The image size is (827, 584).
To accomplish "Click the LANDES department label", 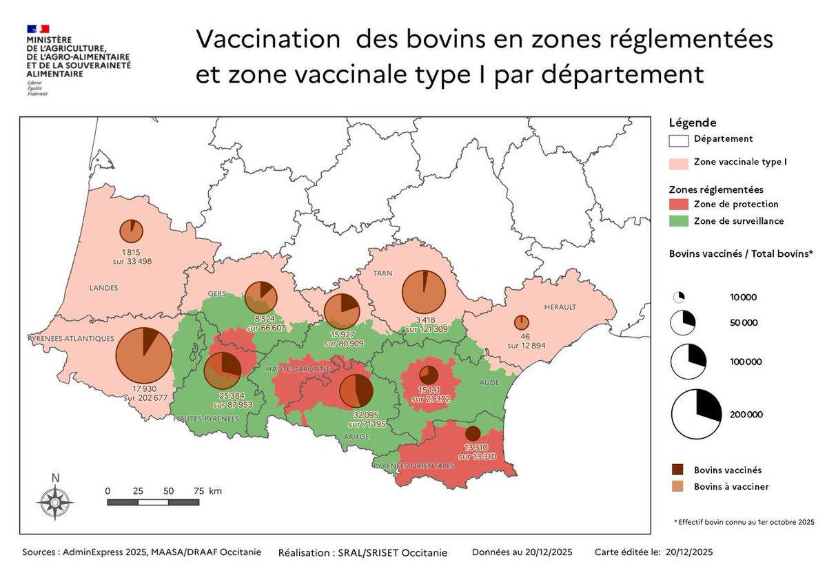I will pos(103,287).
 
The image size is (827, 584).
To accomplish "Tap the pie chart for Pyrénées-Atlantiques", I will pos(143,355).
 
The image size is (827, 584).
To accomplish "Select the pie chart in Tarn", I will pos(425,293).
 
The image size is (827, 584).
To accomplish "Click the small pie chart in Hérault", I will pos(522,322).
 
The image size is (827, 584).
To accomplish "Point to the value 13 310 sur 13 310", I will pos(475,452).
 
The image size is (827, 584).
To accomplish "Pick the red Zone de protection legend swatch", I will pos(678,205).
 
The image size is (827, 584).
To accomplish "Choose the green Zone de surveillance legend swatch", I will pos(678,221).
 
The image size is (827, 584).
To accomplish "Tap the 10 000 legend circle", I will pos(678,298).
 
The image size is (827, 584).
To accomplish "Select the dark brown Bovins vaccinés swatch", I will pos(678,470).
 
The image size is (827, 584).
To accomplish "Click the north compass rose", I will pos(56,502).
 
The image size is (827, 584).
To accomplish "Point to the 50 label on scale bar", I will pos(169,490).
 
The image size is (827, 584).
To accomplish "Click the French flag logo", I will pos(39,29).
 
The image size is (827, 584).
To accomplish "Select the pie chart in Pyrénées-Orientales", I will pos(473,434).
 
